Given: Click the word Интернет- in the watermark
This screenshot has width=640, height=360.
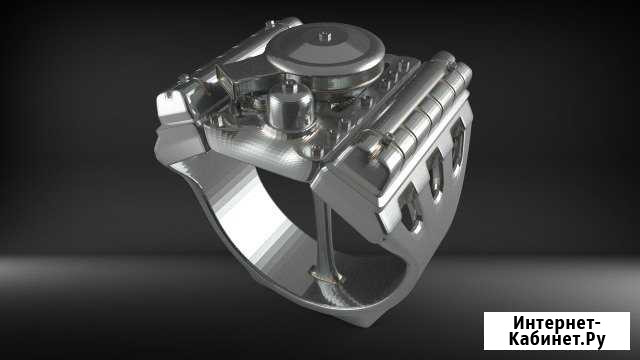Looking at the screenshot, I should [x=556, y=323].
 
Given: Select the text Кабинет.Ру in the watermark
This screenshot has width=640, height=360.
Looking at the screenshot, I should [x=556, y=342].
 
